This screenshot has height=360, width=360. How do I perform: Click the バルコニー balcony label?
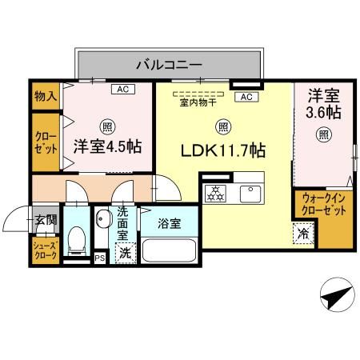tap(168, 62)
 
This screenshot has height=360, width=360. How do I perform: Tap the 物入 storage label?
tap(45, 96)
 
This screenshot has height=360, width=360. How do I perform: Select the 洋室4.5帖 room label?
tap(107, 146)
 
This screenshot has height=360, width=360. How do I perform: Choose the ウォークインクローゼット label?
tap(324, 204)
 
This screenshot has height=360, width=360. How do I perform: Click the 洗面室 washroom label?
tap(124, 223)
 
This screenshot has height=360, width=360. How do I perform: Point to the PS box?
tap(100, 258)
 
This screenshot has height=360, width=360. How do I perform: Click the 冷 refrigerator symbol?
tap(303, 234)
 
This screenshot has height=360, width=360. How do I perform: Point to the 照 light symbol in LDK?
tap(223, 126)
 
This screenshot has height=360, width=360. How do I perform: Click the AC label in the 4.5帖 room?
tap(124, 89)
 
